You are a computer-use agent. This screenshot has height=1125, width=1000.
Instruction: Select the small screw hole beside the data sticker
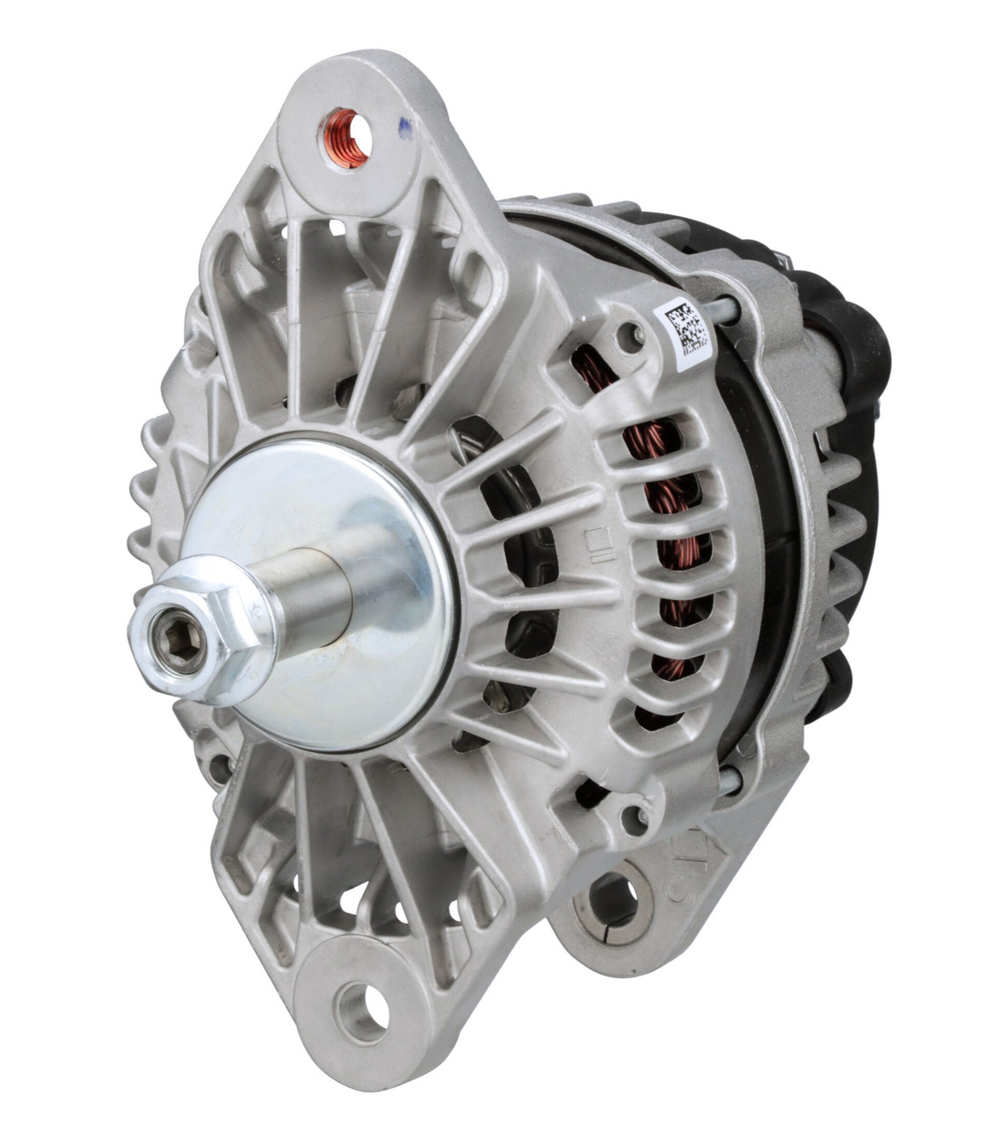[x=627, y=332]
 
